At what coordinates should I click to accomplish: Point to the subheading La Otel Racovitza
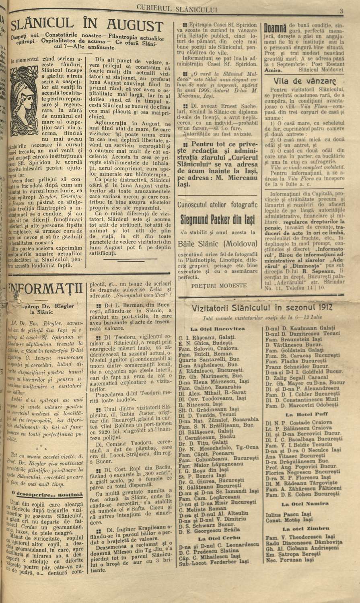click(x=218, y=328)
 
